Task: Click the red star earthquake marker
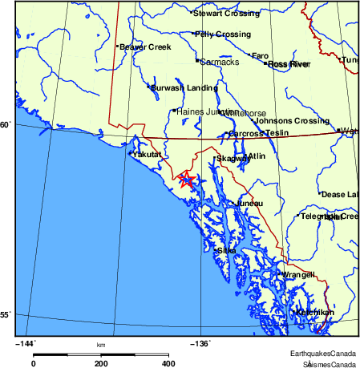click(187, 180)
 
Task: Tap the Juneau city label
click(250, 204)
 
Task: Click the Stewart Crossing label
click(227, 14)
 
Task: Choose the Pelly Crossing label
click(224, 34)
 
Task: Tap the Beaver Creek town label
click(146, 47)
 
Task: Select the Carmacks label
click(220, 62)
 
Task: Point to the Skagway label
click(234, 159)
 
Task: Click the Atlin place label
click(257, 156)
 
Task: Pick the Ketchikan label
click(314, 312)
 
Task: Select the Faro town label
click(261, 56)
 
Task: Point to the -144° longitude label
click(26, 344)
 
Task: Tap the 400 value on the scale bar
click(168, 363)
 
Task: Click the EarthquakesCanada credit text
click(324, 354)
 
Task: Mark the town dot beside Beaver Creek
click(117, 47)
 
